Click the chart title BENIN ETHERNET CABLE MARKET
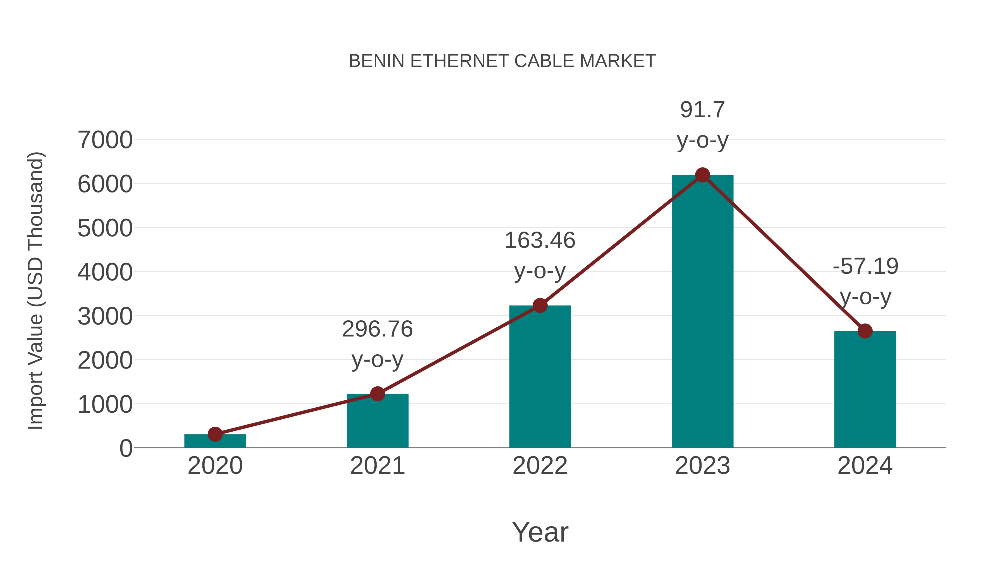(x=502, y=61)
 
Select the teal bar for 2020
(x=215, y=441)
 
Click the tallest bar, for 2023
(x=702, y=312)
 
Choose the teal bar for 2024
(x=865, y=390)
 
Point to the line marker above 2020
(x=215, y=434)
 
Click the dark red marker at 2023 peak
(x=702, y=175)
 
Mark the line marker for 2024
(x=865, y=331)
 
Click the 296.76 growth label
(x=377, y=329)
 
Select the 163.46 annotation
(x=540, y=240)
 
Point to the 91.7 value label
(x=702, y=110)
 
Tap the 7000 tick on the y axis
(x=105, y=140)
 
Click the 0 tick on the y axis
(x=126, y=448)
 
